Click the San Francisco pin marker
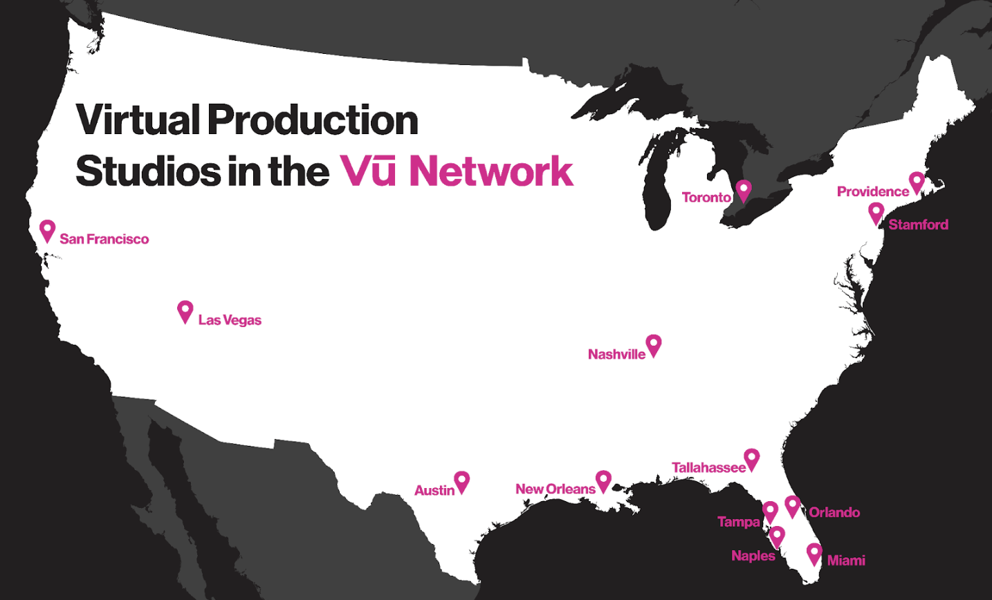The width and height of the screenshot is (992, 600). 47,229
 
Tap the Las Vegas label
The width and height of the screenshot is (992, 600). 230,320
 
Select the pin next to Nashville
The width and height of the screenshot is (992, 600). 653,344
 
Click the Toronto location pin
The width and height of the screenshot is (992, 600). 743,189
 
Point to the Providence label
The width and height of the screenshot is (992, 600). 872,191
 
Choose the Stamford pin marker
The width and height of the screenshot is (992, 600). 876,212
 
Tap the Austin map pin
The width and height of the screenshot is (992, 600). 461,480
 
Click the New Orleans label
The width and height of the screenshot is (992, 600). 555,489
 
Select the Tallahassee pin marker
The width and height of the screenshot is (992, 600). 751,458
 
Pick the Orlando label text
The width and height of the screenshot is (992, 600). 834,512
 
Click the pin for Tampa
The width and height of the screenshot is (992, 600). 770,512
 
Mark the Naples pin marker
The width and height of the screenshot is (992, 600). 777,535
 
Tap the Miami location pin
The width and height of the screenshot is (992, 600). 814,552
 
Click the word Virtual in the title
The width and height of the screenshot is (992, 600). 138,120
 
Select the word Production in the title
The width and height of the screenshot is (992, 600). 313,120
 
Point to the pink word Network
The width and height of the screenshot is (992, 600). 491,170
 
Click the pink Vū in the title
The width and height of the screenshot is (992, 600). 367,170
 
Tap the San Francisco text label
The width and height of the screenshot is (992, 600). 104,239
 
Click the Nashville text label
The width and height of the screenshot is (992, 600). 616,355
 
